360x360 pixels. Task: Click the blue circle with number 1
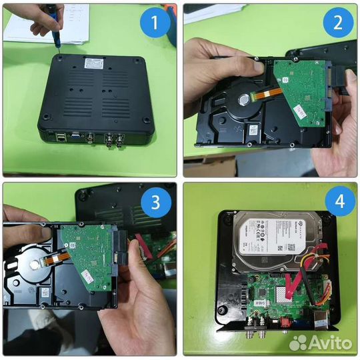pyautogui.click(x=155, y=25)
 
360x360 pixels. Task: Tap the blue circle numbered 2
pyautogui.click(x=338, y=25)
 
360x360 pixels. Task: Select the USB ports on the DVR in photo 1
pyautogui.click(x=61, y=139)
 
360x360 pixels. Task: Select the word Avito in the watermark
pyautogui.click(x=332, y=343)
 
